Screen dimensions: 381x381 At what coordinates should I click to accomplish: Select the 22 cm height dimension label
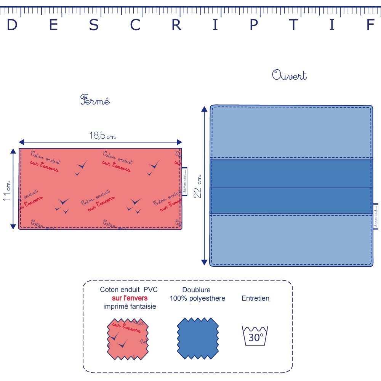pyautogui.click(x=197, y=186)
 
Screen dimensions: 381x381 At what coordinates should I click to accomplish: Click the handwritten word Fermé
pyautogui.click(x=95, y=101)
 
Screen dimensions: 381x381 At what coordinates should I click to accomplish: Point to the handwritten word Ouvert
pyautogui.click(x=289, y=75)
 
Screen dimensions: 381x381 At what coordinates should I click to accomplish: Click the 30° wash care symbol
pyautogui.click(x=255, y=336)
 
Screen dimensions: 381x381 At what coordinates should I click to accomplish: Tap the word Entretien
pyautogui.click(x=255, y=298)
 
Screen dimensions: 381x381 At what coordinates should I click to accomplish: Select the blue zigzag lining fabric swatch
pyautogui.click(x=198, y=338)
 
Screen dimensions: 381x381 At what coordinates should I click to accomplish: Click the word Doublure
pyautogui.click(x=196, y=290)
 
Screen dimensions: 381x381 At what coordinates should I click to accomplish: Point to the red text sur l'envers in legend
pyautogui.click(x=130, y=298)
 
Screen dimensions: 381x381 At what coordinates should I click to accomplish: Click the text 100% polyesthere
pyautogui.click(x=197, y=298)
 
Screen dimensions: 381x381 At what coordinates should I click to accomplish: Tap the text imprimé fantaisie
pyautogui.click(x=130, y=306)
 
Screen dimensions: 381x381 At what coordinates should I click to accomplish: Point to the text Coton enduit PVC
pyautogui.click(x=129, y=290)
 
